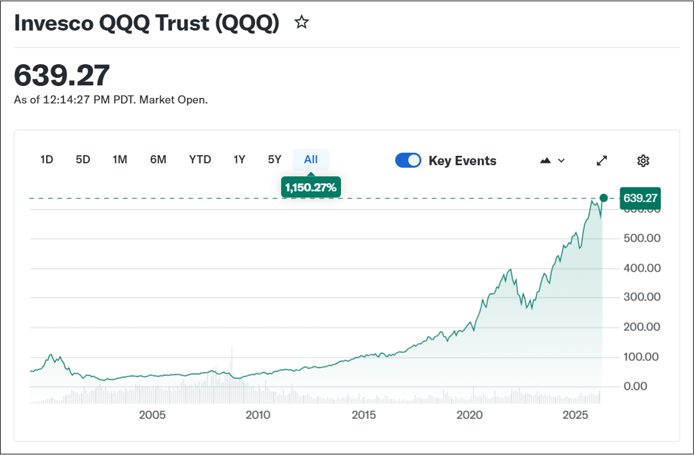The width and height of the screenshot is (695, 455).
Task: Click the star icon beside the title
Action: click(x=302, y=23)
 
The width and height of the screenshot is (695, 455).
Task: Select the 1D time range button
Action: click(x=47, y=160)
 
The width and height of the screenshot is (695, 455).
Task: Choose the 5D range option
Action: click(x=83, y=160)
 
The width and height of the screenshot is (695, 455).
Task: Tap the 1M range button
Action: click(x=120, y=160)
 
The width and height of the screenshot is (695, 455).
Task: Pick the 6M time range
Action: click(x=158, y=160)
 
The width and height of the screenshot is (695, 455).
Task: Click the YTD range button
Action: click(x=200, y=160)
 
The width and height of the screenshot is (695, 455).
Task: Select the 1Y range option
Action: click(x=239, y=160)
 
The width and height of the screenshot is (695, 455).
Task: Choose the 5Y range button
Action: click(x=275, y=160)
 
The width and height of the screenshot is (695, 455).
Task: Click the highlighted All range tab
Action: click(x=311, y=160)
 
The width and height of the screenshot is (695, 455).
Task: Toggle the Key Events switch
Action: click(x=408, y=161)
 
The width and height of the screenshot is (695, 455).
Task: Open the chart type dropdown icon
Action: click(x=552, y=160)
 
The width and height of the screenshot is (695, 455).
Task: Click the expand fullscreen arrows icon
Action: click(x=602, y=160)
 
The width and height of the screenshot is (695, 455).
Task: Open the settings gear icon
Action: click(x=643, y=161)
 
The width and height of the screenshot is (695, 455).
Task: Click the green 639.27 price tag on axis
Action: click(x=639, y=198)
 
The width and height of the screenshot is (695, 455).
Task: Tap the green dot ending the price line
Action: click(x=603, y=198)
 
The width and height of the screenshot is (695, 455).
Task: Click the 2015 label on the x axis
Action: click(x=364, y=415)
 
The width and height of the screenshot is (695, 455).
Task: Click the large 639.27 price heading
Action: click(x=62, y=75)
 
